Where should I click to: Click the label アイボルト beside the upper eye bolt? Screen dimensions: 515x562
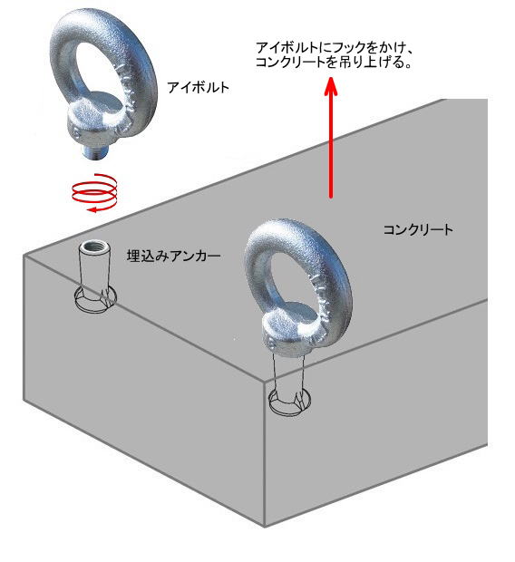click(198, 87)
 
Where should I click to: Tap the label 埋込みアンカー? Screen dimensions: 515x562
click(173, 256)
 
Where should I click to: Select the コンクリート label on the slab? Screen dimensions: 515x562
click(418, 229)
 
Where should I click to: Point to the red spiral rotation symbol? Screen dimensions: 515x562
click(95, 193)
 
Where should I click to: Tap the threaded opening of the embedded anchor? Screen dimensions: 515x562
click(94, 247)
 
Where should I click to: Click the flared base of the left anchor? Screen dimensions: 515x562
click(95, 299)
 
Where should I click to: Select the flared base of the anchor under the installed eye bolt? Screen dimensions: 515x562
click(290, 402)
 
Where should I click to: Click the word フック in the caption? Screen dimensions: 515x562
click(350, 48)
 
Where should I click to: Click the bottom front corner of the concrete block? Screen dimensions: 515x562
click(265, 527)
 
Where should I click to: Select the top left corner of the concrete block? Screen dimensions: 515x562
click(24, 256)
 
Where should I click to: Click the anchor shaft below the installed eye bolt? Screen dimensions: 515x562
click(289, 373)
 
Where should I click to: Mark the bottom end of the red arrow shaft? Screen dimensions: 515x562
click(331, 198)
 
